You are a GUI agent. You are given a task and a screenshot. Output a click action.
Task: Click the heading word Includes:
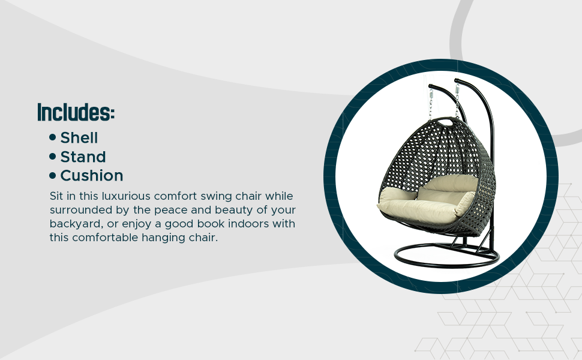click(76, 112)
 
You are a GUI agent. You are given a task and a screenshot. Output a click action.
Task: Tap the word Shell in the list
click(79, 137)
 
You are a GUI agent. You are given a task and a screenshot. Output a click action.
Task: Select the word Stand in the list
click(83, 157)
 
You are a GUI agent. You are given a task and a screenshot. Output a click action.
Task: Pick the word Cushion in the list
click(92, 176)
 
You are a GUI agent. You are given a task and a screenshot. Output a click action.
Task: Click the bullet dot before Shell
click(52, 137)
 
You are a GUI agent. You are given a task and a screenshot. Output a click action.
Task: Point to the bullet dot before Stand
click(52, 156)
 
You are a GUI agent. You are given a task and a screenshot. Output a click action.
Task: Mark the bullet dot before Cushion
click(52, 175)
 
